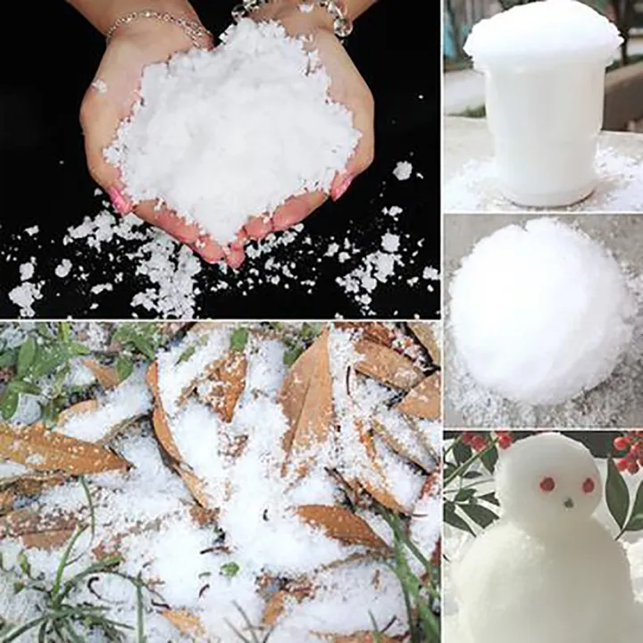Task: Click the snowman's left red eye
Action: click(x=547, y=484)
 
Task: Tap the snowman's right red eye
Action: click(x=589, y=485)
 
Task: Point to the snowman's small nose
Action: click(x=568, y=502)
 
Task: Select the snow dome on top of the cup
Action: click(x=542, y=36)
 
